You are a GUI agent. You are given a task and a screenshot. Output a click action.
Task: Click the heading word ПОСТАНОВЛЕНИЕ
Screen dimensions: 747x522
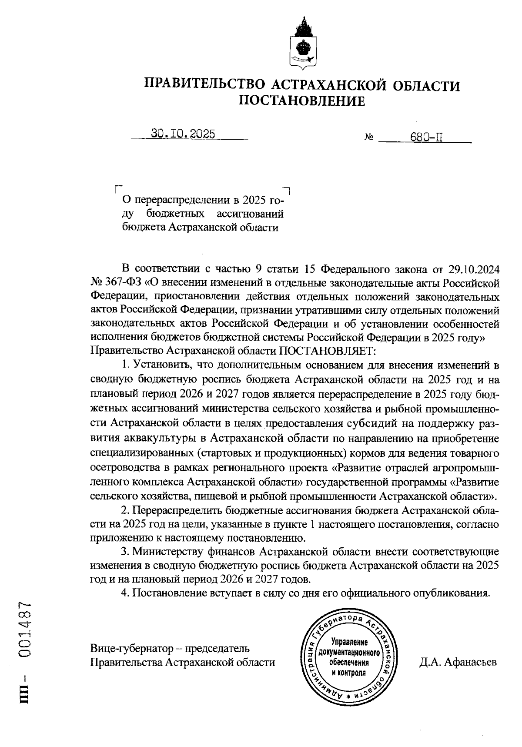click(x=302, y=101)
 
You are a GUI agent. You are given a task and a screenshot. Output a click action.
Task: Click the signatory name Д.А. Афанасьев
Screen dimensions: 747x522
click(x=458, y=663)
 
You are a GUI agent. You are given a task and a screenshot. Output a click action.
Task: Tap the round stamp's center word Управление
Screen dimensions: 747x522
click(x=349, y=642)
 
